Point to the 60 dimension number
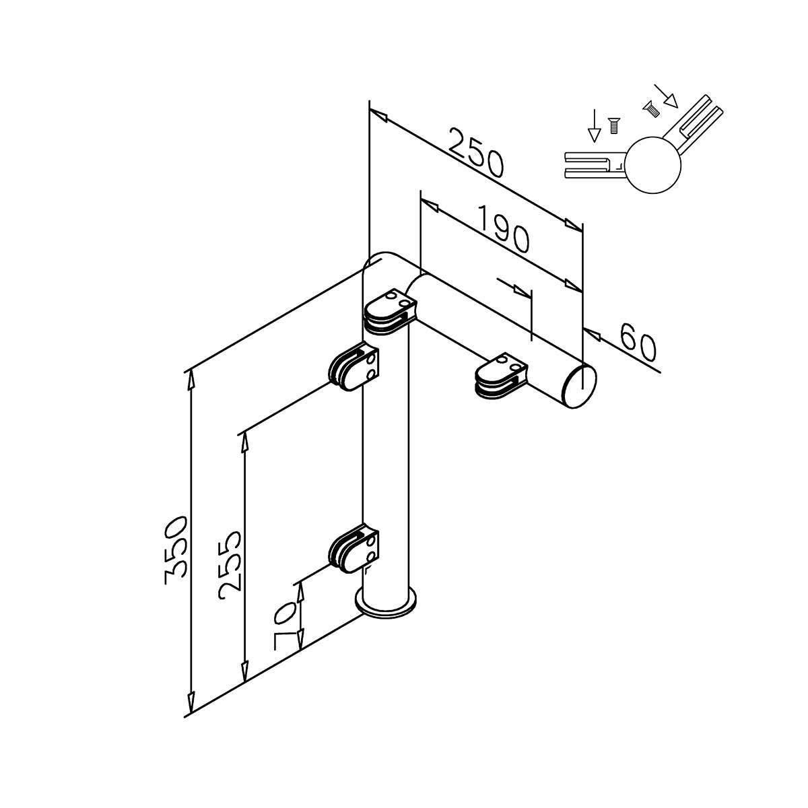click(637, 342)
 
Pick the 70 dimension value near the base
click(286, 625)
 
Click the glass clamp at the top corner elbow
click(389, 312)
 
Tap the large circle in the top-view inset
click(653, 165)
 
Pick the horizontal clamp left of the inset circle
click(593, 165)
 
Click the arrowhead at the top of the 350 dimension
click(191, 378)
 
